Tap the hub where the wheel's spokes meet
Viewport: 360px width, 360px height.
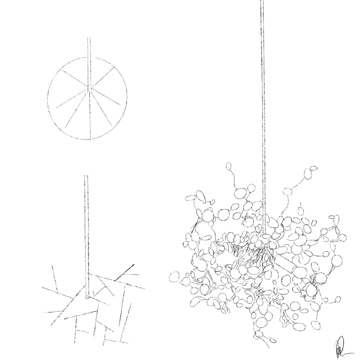(x=89, y=89)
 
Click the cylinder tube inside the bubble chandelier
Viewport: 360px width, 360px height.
(x=287, y=263)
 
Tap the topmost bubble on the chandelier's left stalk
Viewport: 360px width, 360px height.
(x=229, y=165)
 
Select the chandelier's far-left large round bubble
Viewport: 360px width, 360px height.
(x=174, y=277)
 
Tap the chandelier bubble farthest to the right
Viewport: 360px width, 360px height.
(x=342, y=238)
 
